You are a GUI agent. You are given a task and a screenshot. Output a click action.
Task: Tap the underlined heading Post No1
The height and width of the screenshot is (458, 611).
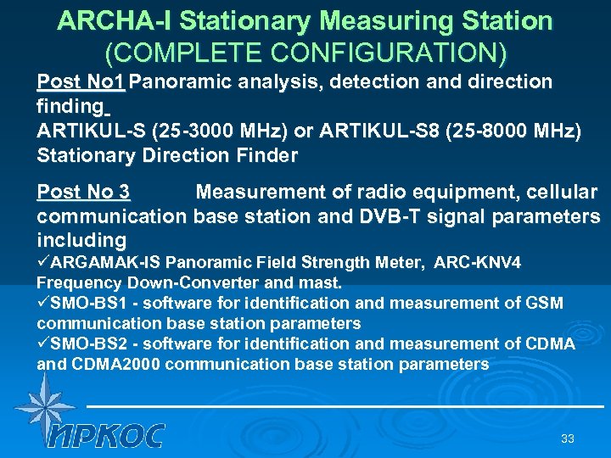click(81, 82)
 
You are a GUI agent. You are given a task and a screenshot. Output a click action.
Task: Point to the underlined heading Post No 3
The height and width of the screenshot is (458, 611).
click(83, 193)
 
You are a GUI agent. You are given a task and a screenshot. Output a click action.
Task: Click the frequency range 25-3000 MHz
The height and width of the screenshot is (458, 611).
click(213, 131)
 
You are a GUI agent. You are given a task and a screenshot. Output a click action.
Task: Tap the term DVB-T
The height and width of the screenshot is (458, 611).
click(386, 216)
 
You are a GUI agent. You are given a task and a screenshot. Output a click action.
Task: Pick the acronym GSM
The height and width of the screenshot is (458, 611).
click(545, 304)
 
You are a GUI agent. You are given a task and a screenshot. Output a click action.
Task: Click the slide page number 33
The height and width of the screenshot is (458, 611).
click(568, 438)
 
